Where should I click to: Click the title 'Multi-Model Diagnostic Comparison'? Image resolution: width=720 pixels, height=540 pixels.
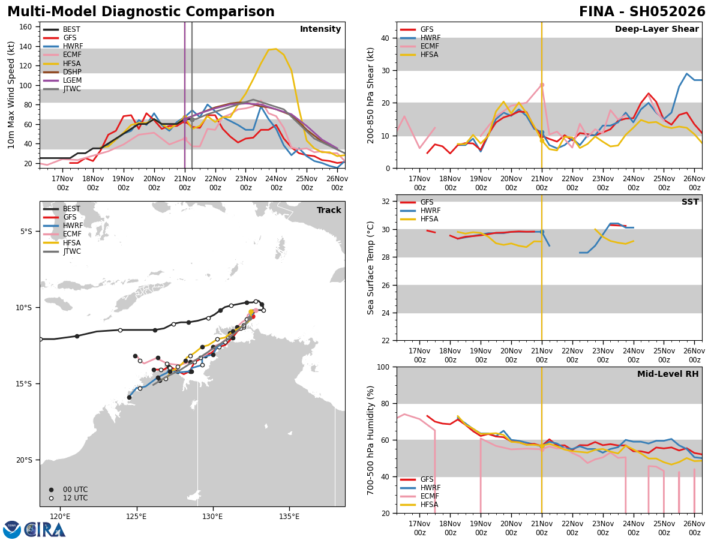[x=141, y=12]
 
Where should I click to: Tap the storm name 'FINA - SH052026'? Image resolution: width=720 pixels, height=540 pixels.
[x=642, y=12]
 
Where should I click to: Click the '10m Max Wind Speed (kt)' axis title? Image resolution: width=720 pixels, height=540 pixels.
[x=12, y=95]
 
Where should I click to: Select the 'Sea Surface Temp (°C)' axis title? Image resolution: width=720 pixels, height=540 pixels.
[x=371, y=268]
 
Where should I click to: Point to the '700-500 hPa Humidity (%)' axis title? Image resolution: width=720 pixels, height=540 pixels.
[x=371, y=440]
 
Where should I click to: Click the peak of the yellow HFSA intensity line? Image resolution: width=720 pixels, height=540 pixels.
[x=275, y=49]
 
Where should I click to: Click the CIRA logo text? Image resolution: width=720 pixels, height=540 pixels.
[x=44, y=530]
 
